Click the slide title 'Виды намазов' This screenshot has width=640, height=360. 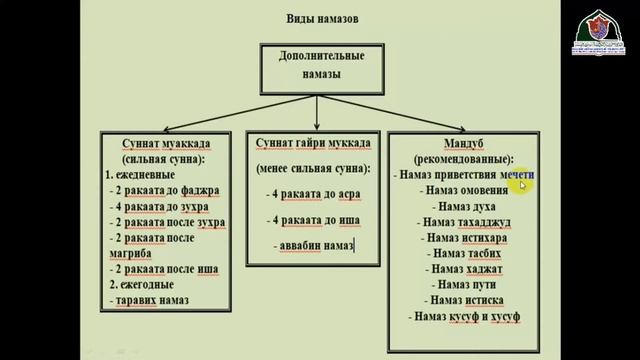tap(319, 20)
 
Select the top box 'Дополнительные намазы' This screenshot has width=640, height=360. tap(321, 66)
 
